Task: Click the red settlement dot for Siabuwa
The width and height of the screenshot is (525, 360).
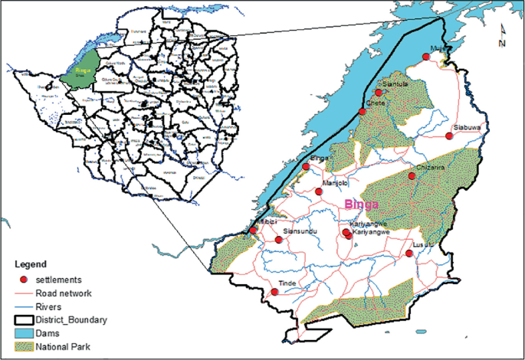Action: pos(449,136)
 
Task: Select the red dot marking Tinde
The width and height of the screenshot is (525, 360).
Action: pos(274,292)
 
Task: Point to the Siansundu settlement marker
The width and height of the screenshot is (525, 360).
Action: pos(278,240)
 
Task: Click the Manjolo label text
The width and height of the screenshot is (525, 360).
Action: pos(336,183)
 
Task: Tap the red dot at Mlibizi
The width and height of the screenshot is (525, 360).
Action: pos(253,231)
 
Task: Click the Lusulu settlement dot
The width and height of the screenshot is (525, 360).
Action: pos(409,253)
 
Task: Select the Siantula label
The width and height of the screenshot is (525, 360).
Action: pos(394,83)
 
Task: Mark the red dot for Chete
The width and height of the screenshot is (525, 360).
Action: pos(363,113)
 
